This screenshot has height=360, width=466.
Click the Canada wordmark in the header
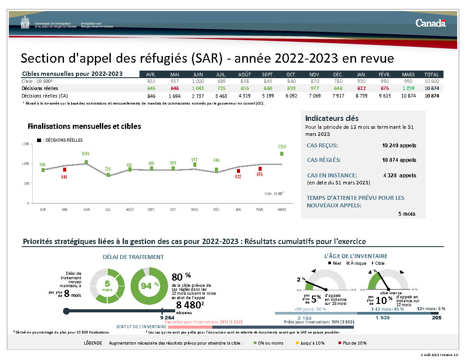tap(430, 23)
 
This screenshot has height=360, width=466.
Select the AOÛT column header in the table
tap(245, 75)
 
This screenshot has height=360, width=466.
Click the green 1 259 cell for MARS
tap(408, 88)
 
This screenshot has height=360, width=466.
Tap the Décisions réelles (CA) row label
tap(45, 95)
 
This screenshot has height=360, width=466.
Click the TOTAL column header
tap(431, 75)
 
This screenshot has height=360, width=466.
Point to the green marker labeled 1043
tap(86, 162)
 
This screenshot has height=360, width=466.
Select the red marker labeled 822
tap(238, 171)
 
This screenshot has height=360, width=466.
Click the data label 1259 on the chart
tap(282, 146)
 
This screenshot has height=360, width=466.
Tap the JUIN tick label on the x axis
tap(86, 210)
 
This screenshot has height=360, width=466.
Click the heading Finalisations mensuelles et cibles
tap(84, 126)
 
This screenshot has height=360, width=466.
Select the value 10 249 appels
tap(399, 145)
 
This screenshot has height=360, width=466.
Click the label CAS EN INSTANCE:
tap(332, 175)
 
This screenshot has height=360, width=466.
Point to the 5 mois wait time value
tap(406, 214)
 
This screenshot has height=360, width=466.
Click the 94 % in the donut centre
tap(150, 285)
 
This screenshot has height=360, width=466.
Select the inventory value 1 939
tap(382, 318)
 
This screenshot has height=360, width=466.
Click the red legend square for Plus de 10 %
tap(340, 343)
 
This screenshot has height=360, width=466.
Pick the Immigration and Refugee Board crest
tap(26, 23)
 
